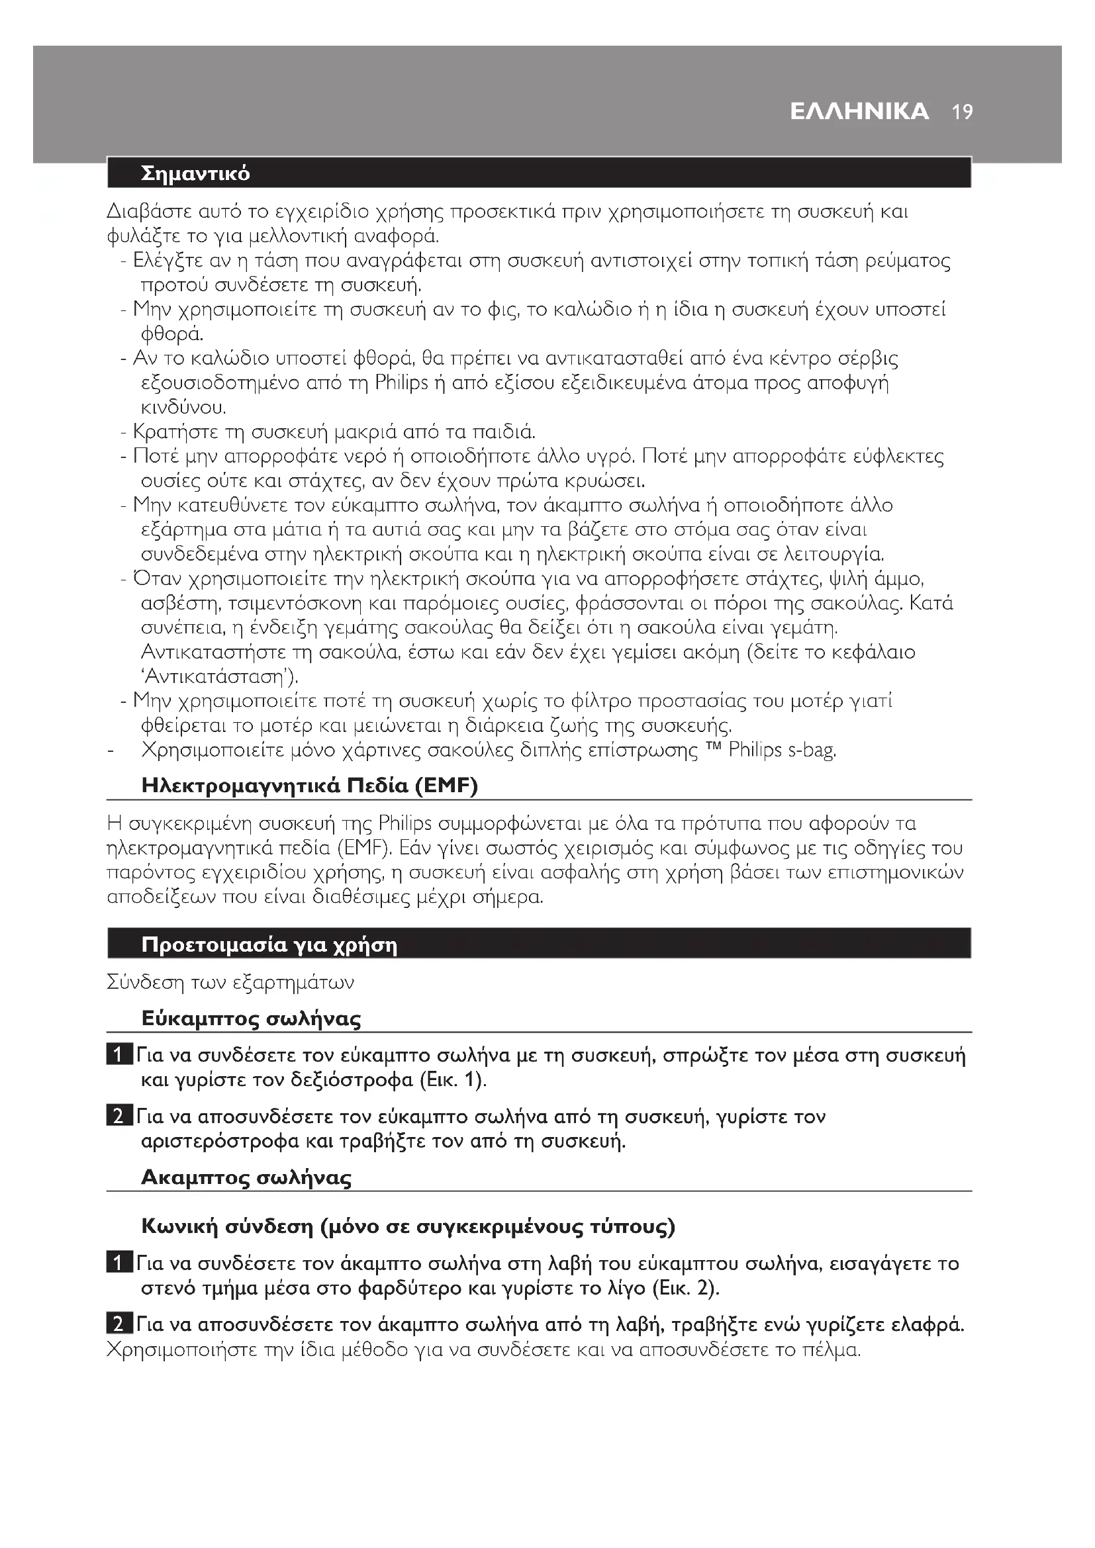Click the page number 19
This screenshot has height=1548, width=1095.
pos(963,112)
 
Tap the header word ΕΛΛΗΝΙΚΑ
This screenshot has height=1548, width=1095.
pos(859,112)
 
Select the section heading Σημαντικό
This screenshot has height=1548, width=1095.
pos(195,174)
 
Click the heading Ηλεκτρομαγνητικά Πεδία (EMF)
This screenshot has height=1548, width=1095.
pos(309,786)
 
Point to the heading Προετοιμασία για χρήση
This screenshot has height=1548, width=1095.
pos(269,945)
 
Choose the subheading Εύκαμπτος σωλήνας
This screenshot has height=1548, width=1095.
pos(251,1018)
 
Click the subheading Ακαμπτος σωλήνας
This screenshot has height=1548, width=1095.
pos(246,1178)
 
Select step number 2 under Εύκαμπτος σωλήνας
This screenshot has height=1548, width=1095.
pos(117,1116)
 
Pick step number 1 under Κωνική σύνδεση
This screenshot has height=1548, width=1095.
pos(117,1263)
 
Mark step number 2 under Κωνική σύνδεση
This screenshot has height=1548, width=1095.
pos(117,1325)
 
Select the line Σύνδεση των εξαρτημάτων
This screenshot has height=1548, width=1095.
pos(230,982)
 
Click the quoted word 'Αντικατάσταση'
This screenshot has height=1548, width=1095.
pos(220,676)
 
